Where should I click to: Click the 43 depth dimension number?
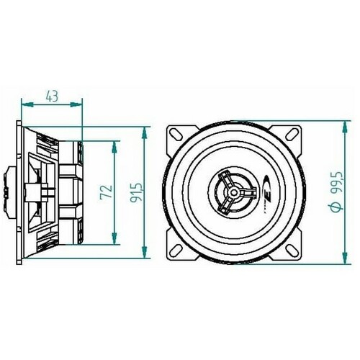pyautogui.click(x=52, y=96)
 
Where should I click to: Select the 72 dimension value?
pyautogui.click(x=106, y=192)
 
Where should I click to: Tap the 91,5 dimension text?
pyautogui.click(x=136, y=193)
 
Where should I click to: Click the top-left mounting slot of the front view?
pyautogui.click(x=177, y=135)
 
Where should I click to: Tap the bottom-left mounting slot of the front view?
pyautogui.click(x=177, y=251)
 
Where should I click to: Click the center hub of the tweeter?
pyautogui.click(x=233, y=192)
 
